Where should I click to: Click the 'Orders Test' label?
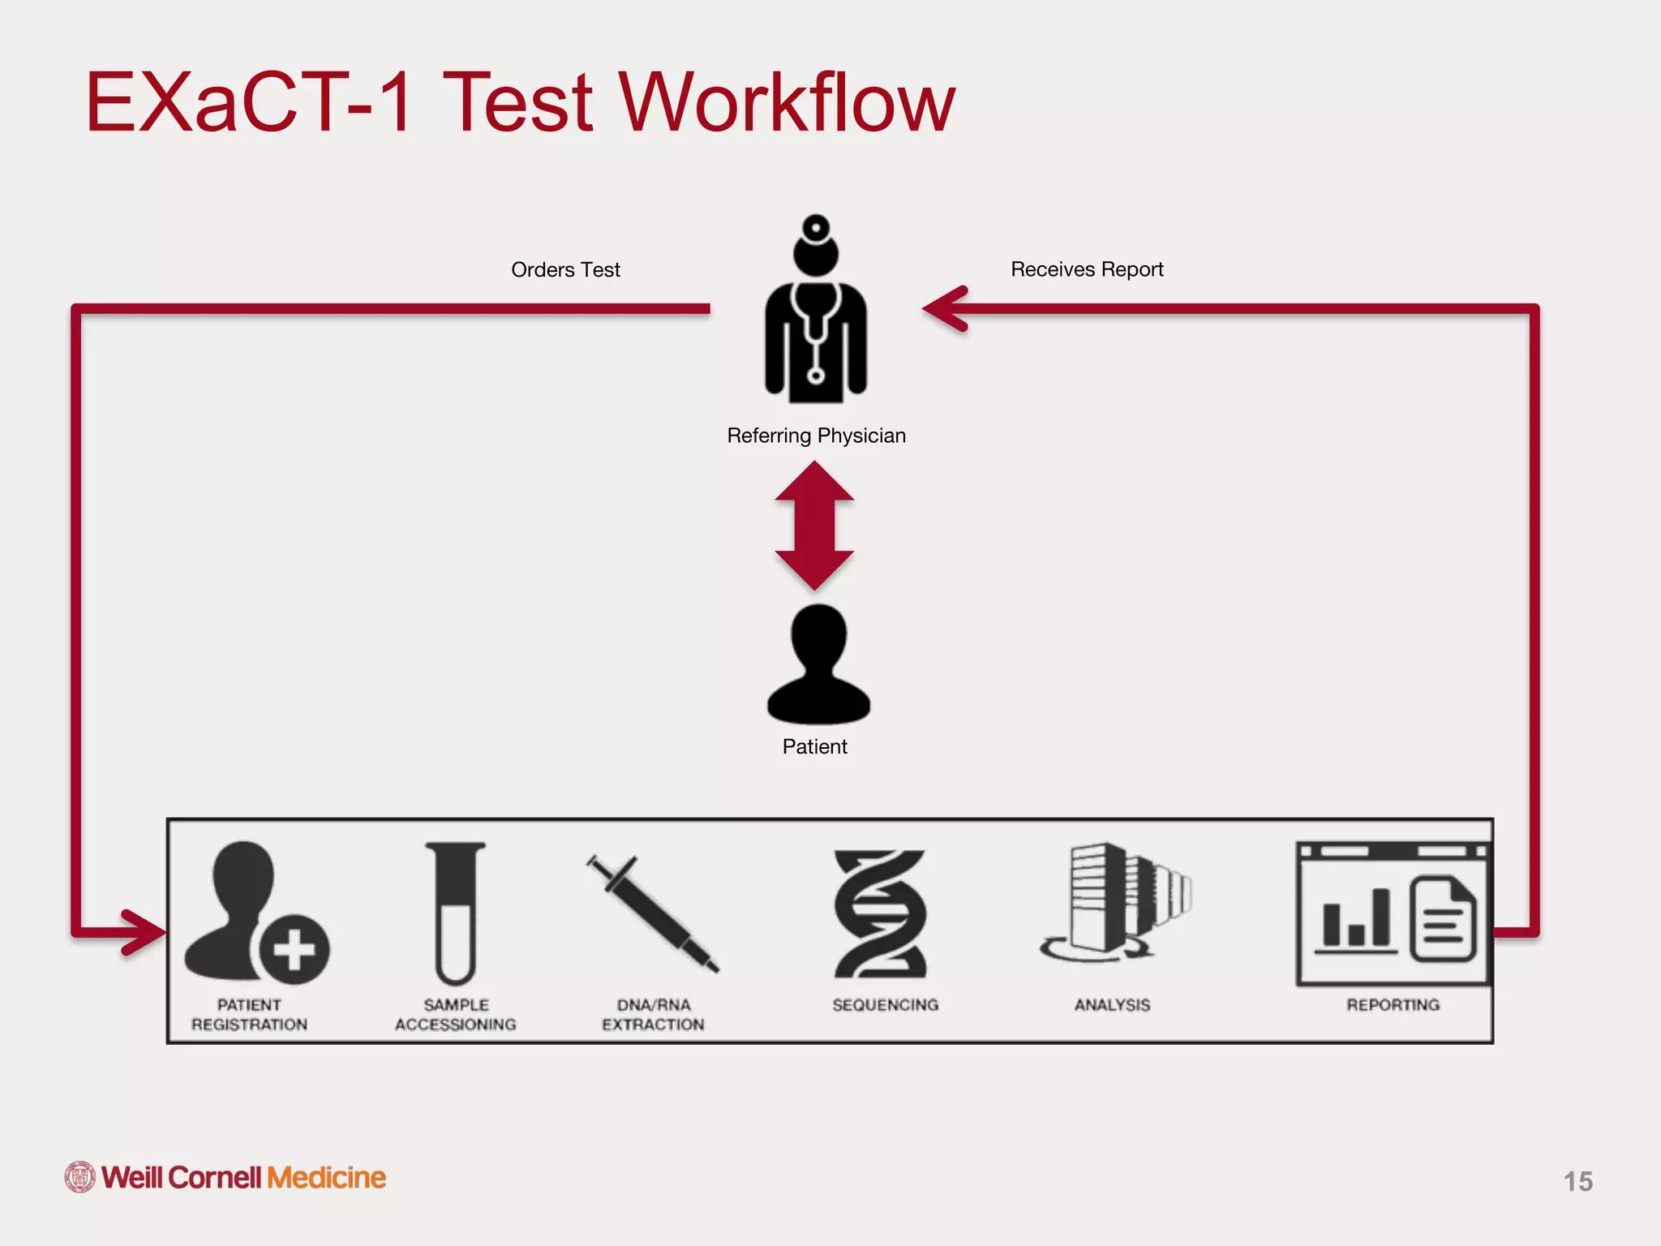pyautogui.click(x=565, y=270)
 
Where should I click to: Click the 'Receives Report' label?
pyautogui.click(x=1086, y=269)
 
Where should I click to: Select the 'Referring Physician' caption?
pyautogui.click(x=816, y=436)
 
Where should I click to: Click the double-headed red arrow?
pyautogui.click(x=814, y=526)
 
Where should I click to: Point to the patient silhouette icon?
pyautogui.click(x=818, y=665)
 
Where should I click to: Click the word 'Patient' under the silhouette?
pyautogui.click(x=814, y=746)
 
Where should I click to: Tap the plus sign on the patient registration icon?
pyautogui.click(x=294, y=949)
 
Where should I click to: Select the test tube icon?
pyautogui.click(x=456, y=913)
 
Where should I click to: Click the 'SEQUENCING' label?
pyautogui.click(x=885, y=1005)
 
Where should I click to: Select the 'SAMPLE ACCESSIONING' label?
pyautogui.click(x=455, y=1015)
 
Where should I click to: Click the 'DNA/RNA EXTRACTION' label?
pyautogui.click(x=653, y=1015)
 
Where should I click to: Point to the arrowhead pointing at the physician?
pyautogui.click(x=945, y=309)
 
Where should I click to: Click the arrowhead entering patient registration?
pyautogui.click(x=146, y=932)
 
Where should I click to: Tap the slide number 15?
pyautogui.click(x=1577, y=1181)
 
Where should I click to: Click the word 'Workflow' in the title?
pyautogui.click(x=787, y=103)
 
